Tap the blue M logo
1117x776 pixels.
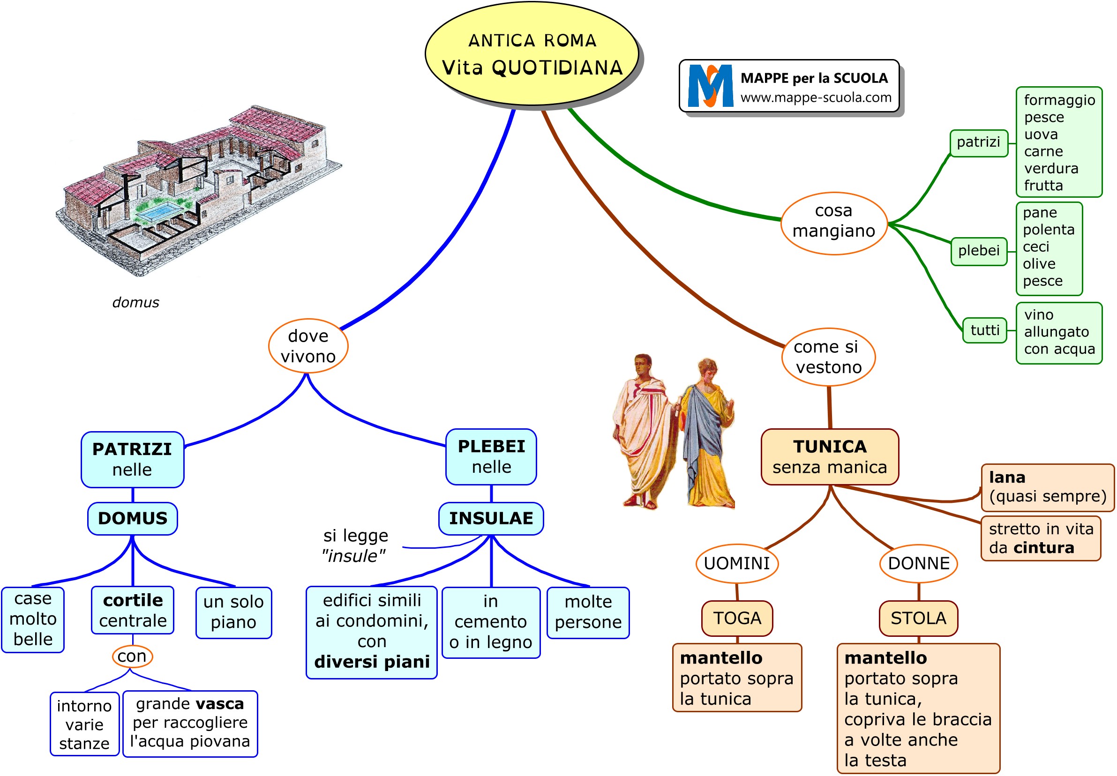710,86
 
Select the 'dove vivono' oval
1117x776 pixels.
308,346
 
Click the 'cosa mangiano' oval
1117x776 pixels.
833,223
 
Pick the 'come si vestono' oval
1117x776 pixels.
828,358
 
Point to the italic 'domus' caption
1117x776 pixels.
135,302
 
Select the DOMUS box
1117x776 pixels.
132,519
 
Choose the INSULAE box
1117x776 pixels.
491,519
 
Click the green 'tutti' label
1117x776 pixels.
985,331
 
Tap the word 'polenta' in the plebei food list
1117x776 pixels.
1048,230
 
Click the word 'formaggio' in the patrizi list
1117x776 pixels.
1059,100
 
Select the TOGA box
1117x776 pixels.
737,619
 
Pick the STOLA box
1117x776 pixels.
918,619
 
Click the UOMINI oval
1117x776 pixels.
737,564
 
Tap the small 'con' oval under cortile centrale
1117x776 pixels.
132,657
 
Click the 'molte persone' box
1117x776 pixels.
588,612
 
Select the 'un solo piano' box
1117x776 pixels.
233,612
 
